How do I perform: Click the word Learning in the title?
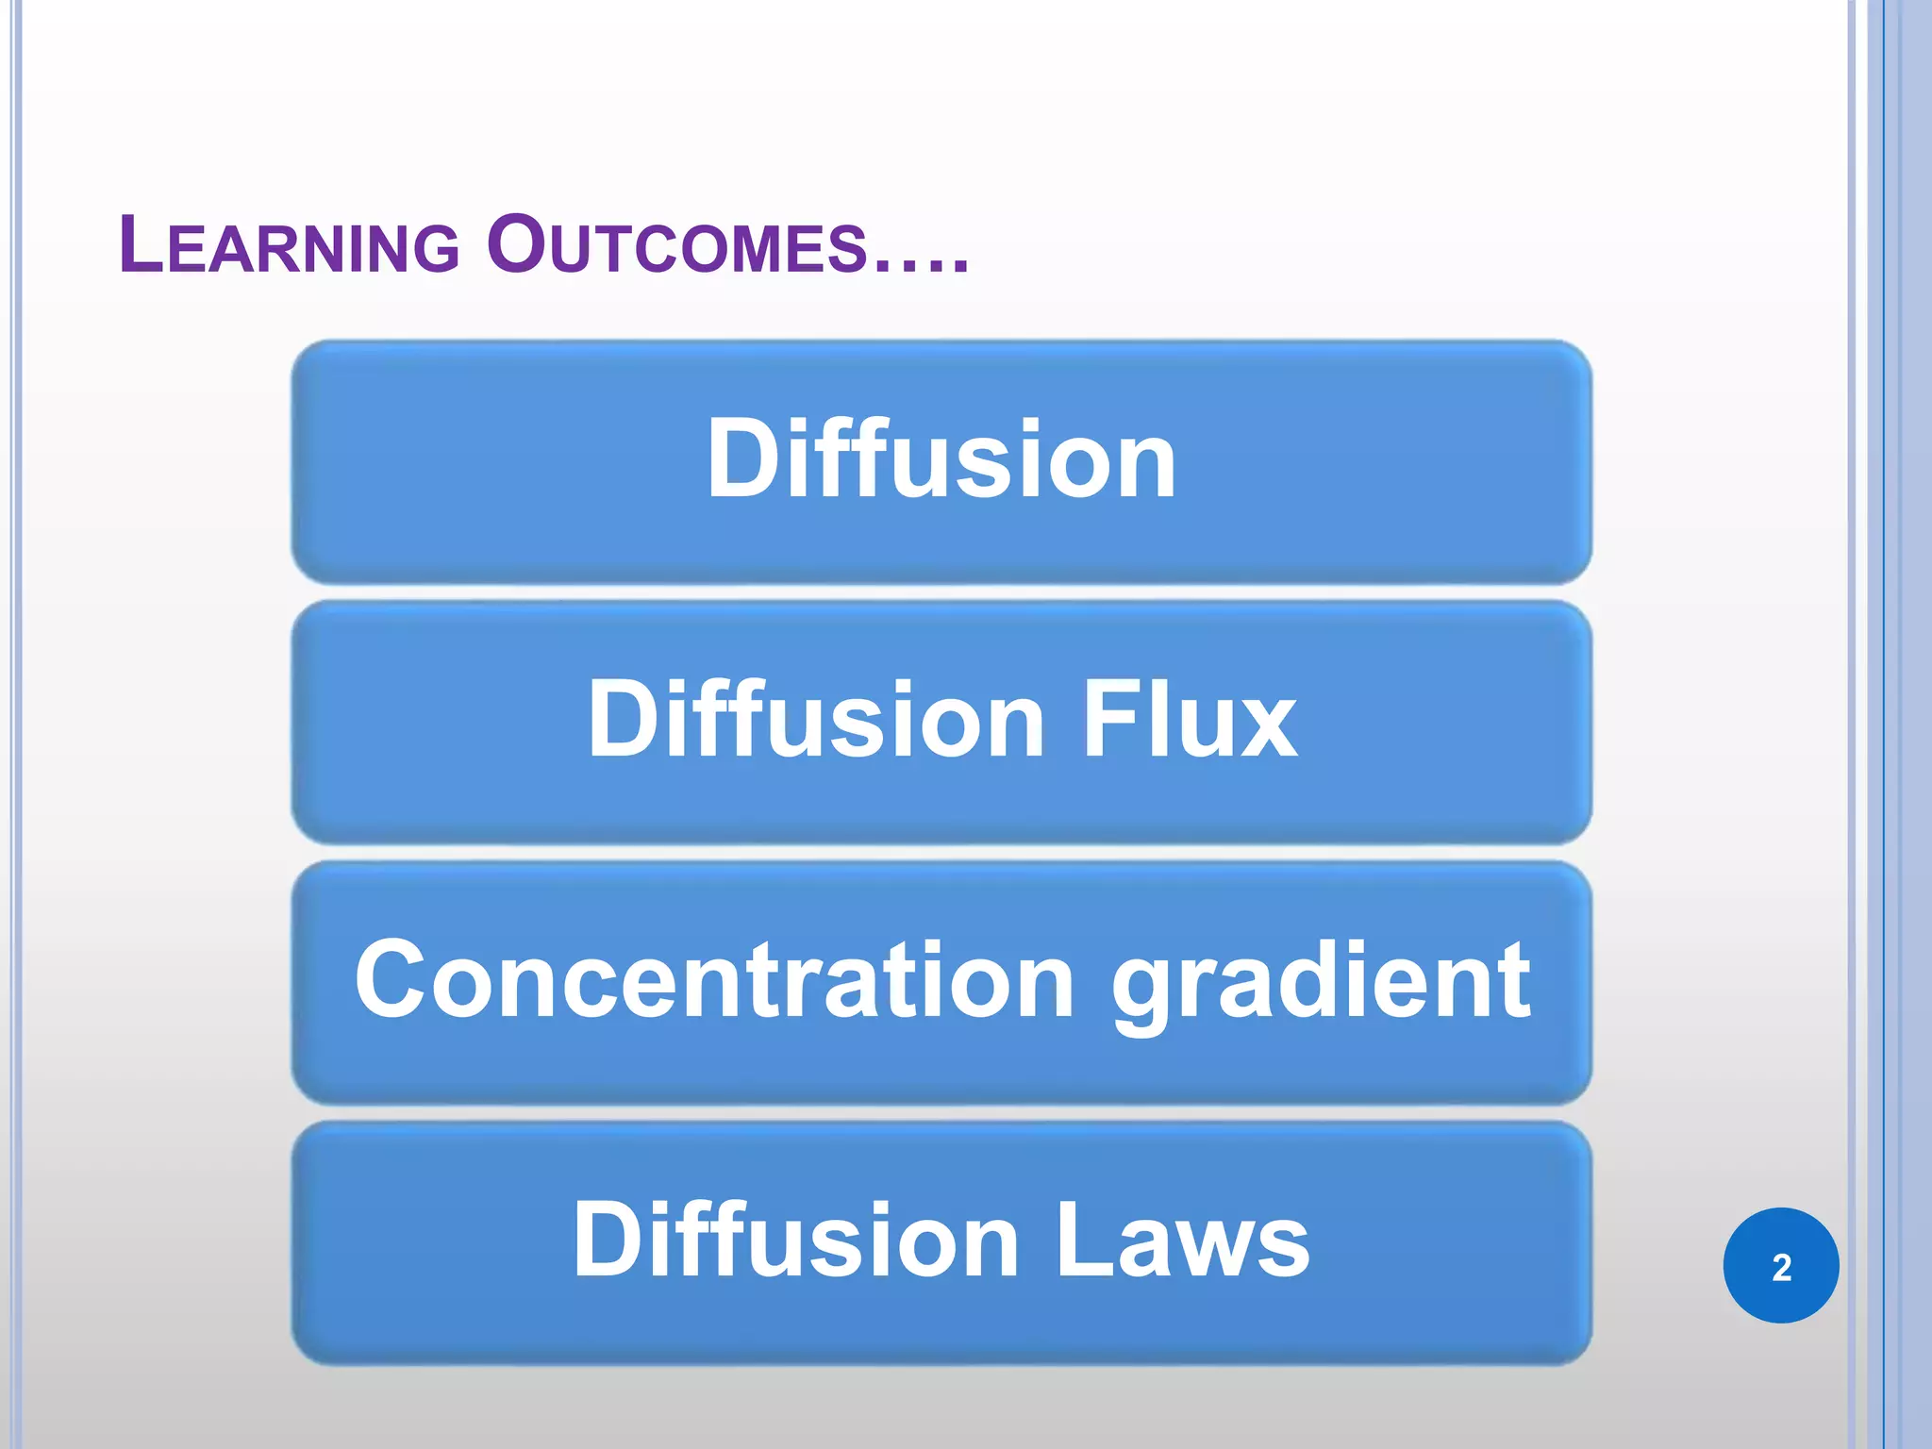pos(289,246)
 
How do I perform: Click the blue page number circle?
pos(1780,1265)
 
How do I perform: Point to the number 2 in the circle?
pos(1781,1267)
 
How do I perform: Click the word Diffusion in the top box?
pos(941,459)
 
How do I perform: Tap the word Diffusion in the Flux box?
pos(816,720)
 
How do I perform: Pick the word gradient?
pos(1321,983)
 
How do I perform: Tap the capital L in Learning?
pos(143,244)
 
